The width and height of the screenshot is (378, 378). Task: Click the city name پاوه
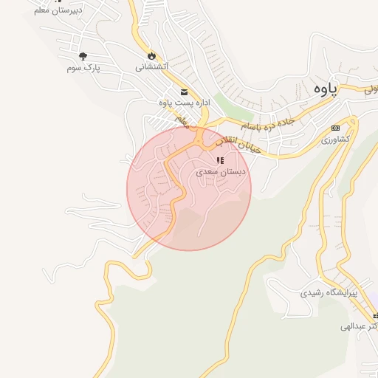pos(323,89)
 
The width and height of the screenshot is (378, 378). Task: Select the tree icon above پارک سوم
pos(83,56)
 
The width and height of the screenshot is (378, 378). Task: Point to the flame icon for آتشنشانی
pos(152,55)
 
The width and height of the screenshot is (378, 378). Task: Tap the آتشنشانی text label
pos(152,66)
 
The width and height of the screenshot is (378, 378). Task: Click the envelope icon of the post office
pos(183,92)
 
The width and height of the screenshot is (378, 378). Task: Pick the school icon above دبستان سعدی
pos(220,159)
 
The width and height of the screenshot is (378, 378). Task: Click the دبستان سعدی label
pos(221,171)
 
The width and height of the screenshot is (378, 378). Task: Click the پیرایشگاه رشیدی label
pos(329,293)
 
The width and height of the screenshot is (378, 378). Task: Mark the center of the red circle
pos(189,188)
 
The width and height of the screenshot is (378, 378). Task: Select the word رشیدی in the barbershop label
pos(313,293)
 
